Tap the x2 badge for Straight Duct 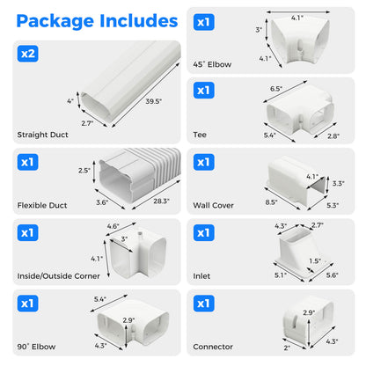(x=28, y=53)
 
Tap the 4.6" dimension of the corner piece (x=112, y=227)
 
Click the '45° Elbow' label (x=211, y=63)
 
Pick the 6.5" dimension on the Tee (x=274, y=89)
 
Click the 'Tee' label (x=200, y=135)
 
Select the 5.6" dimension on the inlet (x=331, y=275)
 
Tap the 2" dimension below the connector (x=288, y=348)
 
